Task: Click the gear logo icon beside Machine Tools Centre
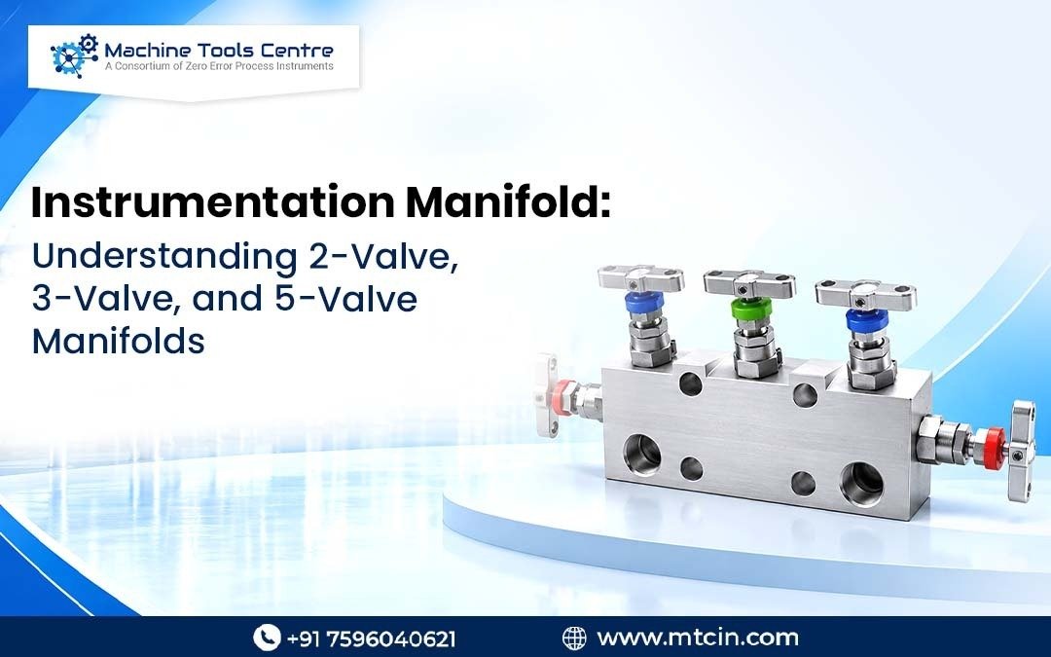[x=74, y=56]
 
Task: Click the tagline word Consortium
[x=143, y=66]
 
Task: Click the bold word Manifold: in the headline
[x=509, y=201]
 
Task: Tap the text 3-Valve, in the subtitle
[x=107, y=299]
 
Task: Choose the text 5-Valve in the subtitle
[x=345, y=299]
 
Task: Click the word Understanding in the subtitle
[x=164, y=258]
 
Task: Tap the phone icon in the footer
[x=266, y=637]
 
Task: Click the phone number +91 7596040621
[x=372, y=638]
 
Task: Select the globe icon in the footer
[x=574, y=638]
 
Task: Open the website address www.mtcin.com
[x=697, y=637]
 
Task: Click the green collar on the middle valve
[x=751, y=309]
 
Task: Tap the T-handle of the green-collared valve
[x=749, y=284]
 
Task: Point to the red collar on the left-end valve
[x=563, y=397]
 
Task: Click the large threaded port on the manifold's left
[x=642, y=454]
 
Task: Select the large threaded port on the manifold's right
[x=861, y=483]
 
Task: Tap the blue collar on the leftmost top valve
[x=644, y=303]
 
